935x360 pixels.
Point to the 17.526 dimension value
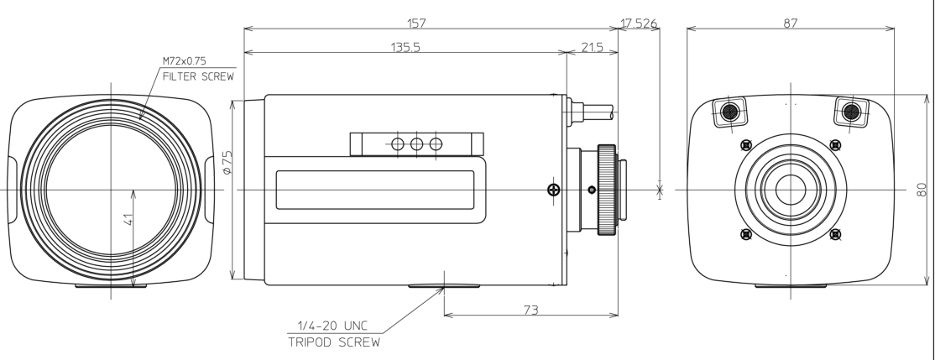[639, 23]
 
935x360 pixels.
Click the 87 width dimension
[790, 23]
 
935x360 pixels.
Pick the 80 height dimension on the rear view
[922, 189]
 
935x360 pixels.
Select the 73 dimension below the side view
[531, 310]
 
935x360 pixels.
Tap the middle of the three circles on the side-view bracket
[416, 143]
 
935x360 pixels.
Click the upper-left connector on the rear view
[730, 111]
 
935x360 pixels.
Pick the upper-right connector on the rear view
[850, 111]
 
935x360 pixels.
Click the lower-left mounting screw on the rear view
[744, 233]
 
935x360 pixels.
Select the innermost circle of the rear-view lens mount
[790, 189]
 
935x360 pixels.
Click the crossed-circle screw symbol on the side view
[553, 190]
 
